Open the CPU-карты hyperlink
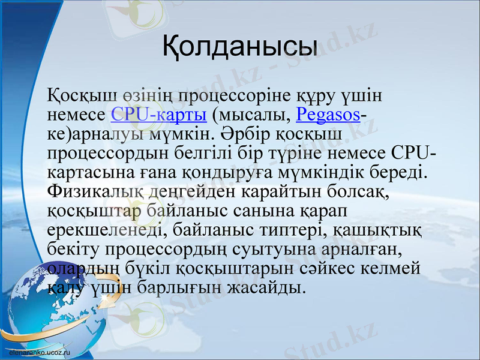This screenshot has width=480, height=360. (159, 114)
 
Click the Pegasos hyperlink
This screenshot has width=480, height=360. (328, 114)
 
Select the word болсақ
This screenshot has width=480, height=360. (355, 192)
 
